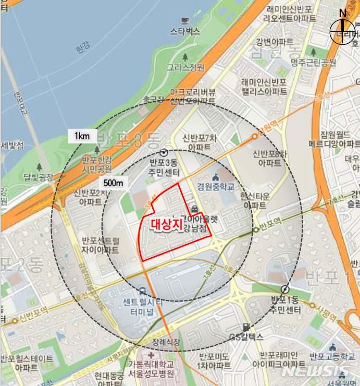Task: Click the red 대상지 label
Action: [x=166, y=224]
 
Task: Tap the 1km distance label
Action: [x=82, y=136]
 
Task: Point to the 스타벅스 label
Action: [x=185, y=31]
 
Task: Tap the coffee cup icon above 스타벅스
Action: [x=185, y=20]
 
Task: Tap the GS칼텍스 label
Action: [x=246, y=337]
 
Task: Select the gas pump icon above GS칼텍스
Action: [x=246, y=326]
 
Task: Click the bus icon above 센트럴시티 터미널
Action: [x=142, y=291]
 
